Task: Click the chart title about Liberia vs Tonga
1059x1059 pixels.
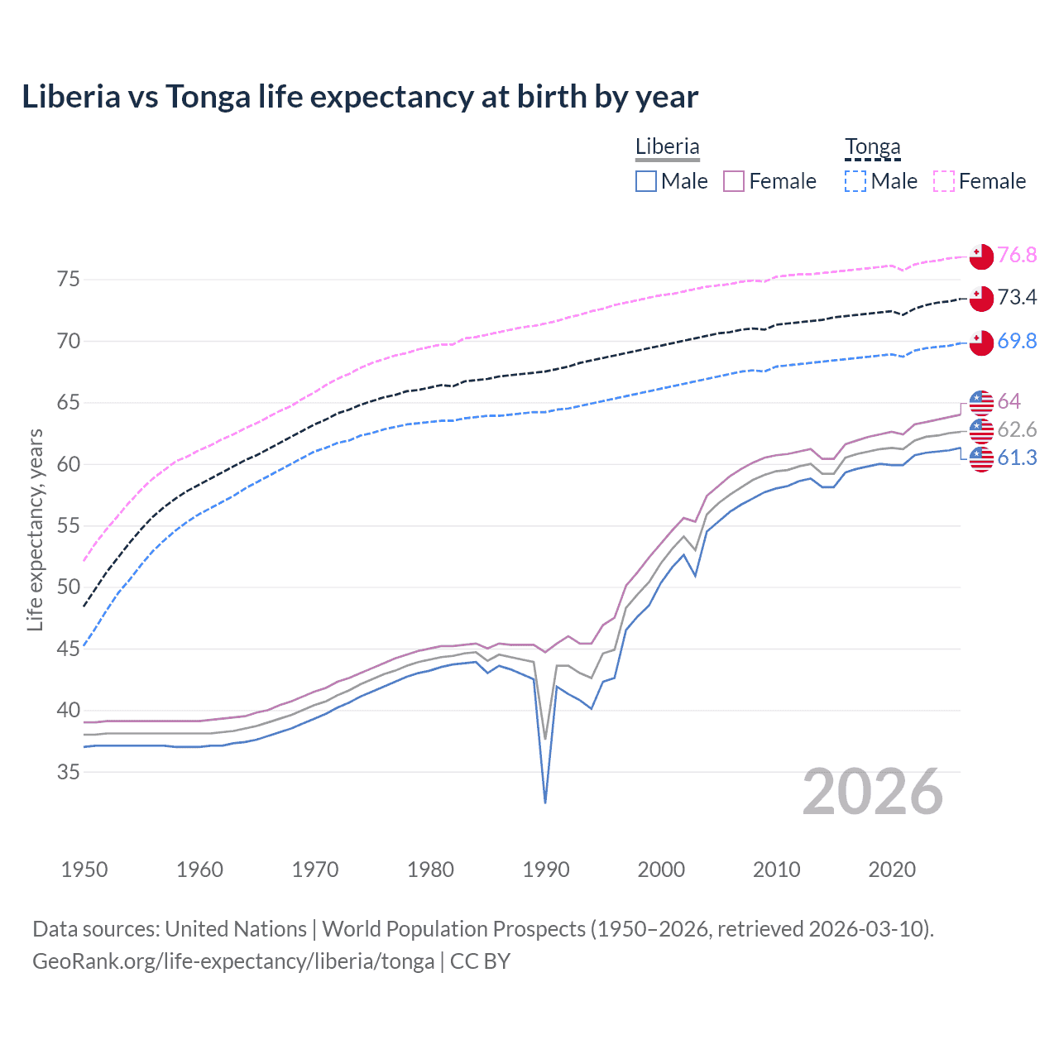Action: point(360,97)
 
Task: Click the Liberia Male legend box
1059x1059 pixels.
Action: point(646,181)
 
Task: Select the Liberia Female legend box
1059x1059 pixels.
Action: point(734,181)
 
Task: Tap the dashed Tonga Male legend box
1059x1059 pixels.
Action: point(855,181)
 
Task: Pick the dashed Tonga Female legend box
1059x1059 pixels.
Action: point(944,181)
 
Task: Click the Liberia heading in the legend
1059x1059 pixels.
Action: point(667,147)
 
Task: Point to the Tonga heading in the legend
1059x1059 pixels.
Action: point(872,147)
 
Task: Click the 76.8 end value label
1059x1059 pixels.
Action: point(1017,255)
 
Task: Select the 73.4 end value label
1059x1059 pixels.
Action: point(1017,298)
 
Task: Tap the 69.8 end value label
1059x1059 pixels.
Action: point(1017,341)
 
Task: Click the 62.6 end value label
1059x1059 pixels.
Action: point(1017,429)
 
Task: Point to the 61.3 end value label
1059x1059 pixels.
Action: point(1017,458)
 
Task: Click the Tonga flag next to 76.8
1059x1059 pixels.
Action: point(981,256)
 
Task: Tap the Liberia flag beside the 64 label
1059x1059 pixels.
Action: point(981,402)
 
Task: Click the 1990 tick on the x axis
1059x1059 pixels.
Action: point(546,870)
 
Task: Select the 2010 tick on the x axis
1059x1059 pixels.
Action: point(776,870)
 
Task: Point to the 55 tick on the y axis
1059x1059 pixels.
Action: point(69,525)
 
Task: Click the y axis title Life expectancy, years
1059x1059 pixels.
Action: point(35,529)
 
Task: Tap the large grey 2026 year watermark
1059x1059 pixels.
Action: point(873,793)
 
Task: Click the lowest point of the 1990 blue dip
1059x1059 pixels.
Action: point(545,802)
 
